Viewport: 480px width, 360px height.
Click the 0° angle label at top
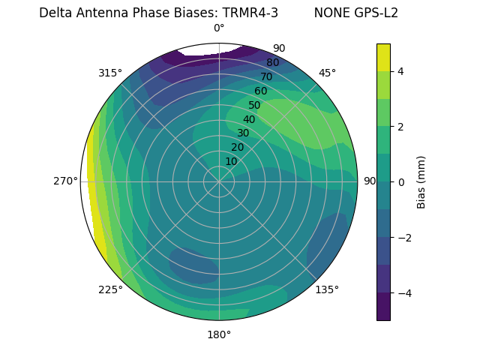[219, 28]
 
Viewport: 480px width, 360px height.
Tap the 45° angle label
[328, 73]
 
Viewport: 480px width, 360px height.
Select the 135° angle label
[327, 289]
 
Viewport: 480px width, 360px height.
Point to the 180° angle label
[219, 334]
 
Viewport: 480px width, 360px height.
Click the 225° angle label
[110, 290]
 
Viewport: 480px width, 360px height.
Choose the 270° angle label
[65, 181]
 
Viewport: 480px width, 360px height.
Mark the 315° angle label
[110, 73]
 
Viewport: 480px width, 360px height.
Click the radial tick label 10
[231, 161]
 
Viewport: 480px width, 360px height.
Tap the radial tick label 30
[243, 133]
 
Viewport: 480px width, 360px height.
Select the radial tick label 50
[255, 105]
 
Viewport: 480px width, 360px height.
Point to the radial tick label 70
[266, 76]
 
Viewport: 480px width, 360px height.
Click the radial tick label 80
[272, 63]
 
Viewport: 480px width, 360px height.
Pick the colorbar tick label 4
[401, 71]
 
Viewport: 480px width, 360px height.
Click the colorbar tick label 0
[401, 181]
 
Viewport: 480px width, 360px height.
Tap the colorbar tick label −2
[404, 237]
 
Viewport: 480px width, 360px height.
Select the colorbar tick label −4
[404, 292]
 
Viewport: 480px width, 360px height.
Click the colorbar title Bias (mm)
[421, 181]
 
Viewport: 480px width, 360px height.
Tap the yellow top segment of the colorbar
[383, 57]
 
